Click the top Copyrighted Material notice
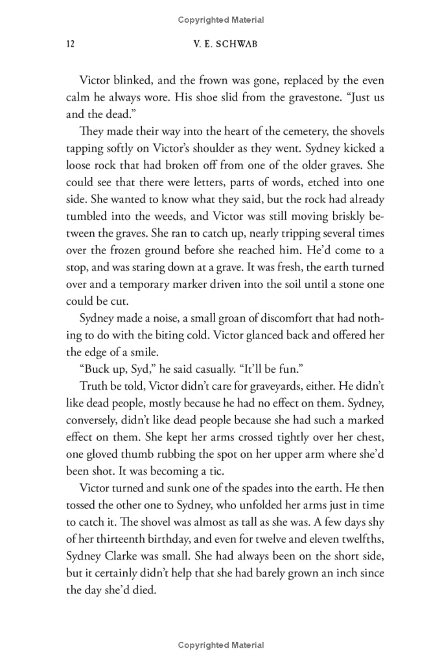click(x=221, y=20)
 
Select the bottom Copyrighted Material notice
click(x=221, y=645)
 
